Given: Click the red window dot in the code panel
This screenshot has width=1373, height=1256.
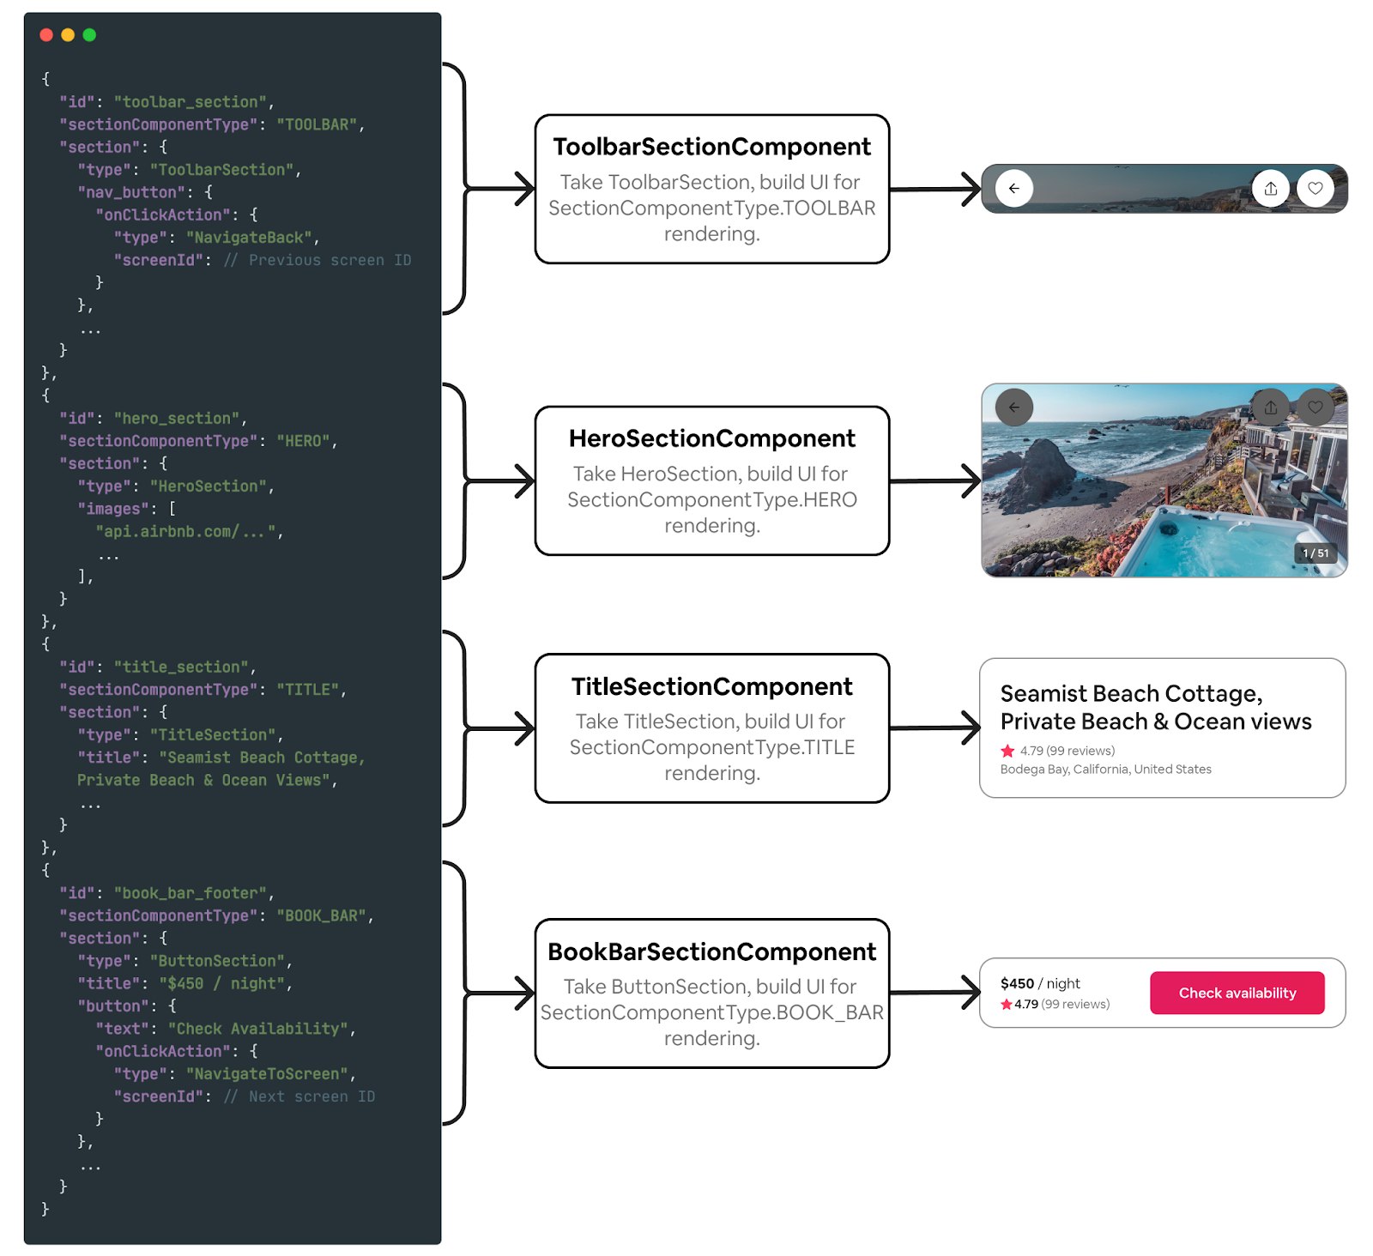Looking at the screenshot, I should pos(46,35).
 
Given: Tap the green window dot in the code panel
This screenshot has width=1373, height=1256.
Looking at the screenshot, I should pos(89,35).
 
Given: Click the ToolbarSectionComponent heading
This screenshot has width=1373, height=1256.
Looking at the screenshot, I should pos(711,147).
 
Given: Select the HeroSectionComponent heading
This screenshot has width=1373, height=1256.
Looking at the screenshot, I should pos(711,438).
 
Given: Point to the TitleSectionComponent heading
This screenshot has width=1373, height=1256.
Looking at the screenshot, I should pos(711,686).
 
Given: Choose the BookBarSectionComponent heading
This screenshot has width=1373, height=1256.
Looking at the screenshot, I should pos(711,951).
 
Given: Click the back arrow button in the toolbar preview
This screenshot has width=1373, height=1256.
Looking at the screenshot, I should pos(1013,189).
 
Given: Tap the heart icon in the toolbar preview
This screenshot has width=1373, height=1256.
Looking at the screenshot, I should pos(1315,189).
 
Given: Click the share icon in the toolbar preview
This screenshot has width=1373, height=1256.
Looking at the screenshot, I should pos(1270,189).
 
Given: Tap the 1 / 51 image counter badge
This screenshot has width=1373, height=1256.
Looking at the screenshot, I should pos(1315,553).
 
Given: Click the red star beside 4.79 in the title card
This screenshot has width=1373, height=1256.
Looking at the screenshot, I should pos(1007,751).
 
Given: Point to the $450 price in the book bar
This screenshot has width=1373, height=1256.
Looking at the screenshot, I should pos(1017,983).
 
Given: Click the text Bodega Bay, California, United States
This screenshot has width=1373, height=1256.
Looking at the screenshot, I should pos(1105,770).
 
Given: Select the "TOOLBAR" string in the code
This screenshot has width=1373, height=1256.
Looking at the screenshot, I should pos(316,124).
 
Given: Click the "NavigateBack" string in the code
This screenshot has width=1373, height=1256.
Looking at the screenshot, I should pos(249,238).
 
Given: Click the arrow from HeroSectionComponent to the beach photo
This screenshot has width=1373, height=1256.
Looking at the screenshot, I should pos(934,481).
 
